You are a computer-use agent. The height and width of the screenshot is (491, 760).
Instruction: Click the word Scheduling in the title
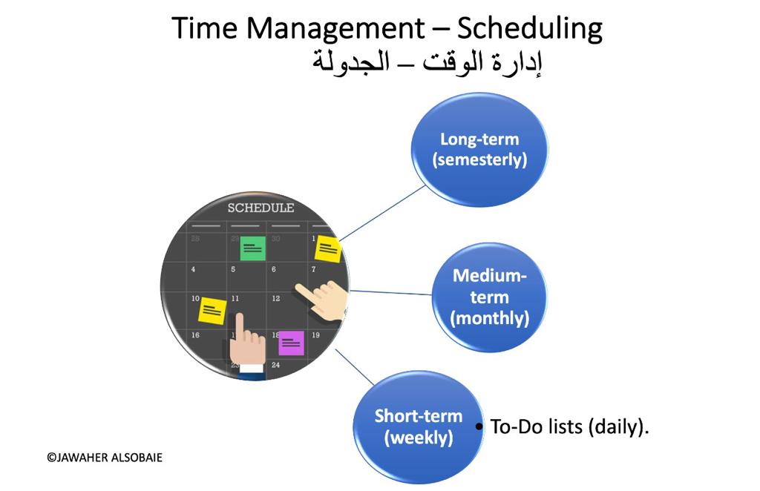pos(530,29)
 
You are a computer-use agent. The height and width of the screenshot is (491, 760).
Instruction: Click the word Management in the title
pos(335,29)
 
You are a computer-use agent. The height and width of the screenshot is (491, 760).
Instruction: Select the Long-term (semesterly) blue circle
pos(479,150)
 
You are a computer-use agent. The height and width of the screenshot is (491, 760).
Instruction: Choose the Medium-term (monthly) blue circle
pos(489,297)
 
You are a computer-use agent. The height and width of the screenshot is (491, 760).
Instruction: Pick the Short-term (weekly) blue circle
pos(419,427)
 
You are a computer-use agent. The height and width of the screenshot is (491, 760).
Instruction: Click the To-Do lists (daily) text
pos(569,426)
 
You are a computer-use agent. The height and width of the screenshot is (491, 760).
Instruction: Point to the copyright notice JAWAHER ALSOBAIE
pos(104,458)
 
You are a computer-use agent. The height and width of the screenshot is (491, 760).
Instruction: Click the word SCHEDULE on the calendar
pos(261,208)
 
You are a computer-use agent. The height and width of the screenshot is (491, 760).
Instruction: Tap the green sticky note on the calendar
pos(252,248)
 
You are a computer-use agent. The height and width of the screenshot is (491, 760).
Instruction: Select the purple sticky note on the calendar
pos(291,343)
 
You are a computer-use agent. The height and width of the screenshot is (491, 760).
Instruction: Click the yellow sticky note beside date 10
pos(212,310)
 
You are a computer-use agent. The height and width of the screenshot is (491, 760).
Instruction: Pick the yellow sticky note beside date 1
pos(328,249)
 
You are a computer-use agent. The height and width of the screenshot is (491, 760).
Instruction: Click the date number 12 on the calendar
pos(276,299)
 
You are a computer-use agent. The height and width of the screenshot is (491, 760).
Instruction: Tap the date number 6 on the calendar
pos(274,269)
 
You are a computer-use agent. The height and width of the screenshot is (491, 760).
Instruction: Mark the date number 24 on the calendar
pos(276,365)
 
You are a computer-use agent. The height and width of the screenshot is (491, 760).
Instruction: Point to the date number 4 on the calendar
pos(194,269)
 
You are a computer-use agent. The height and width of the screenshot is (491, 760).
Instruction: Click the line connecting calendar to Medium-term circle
pos(390,292)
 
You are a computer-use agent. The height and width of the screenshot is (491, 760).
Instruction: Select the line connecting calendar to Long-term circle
pos(382,213)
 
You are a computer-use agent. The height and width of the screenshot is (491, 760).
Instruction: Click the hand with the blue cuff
pos(247,346)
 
